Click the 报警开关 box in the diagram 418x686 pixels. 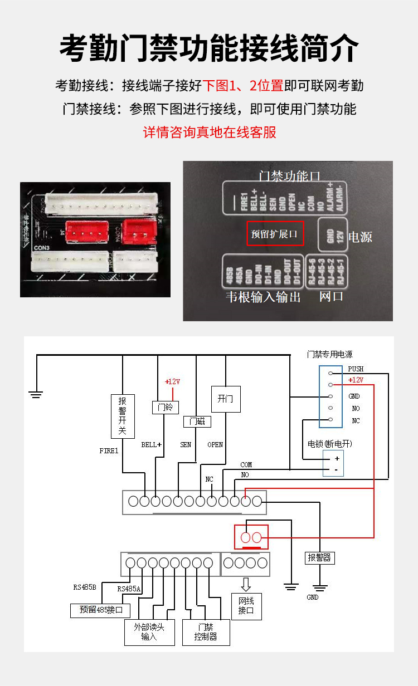pos(123,416)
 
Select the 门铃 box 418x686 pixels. pos(166,407)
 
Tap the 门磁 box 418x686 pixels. pos(197,422)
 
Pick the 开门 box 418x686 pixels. pos(225,399)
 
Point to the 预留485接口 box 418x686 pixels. pos(100,610)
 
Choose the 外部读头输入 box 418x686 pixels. pos(149,632)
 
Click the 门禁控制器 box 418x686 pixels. pos(206,632)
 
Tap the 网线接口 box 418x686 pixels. pos(246,606)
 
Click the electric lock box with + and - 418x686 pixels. pos(333,463)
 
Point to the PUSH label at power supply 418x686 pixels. pos(356,369)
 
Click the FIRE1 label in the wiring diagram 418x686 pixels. pos(109,450)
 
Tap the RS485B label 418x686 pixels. pos(85,587)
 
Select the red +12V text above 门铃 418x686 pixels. pos(173,381)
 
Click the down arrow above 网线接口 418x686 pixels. pos(246,584)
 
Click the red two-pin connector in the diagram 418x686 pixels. pos(251,537)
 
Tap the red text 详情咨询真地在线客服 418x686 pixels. pos(210,133)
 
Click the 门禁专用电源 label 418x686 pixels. pos(330,354)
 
